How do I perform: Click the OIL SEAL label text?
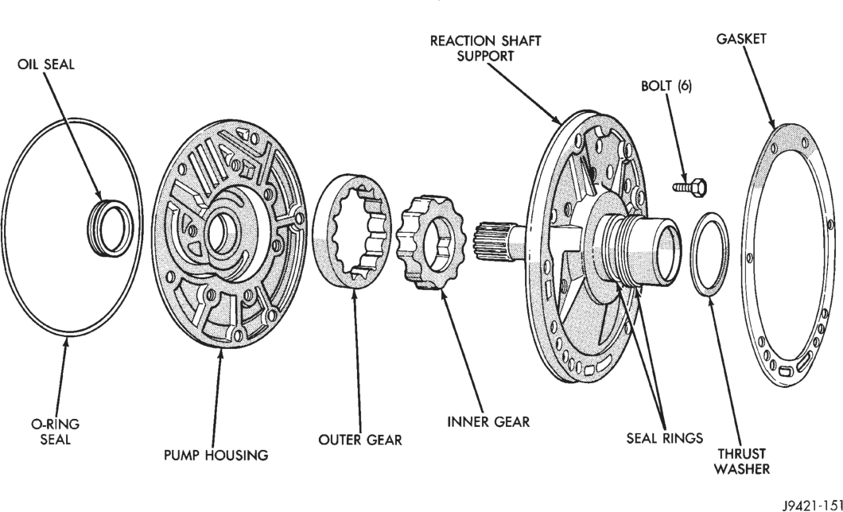[x=45, y=64]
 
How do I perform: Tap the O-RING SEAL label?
[x=56, y=432]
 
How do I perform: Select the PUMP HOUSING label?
[x=216, y=455]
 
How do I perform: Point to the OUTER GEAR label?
[x=360, y=440]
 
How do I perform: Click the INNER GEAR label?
[x=488, y=421]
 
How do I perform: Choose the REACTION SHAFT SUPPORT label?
[x=485, y=48]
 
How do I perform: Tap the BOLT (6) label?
[x=666, y=86]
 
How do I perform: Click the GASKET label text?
[x=741, y=39]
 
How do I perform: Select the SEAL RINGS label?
[x=665, y=438]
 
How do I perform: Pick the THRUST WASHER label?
[x=742, y=461]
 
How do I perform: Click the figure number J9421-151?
[x=812, y=506]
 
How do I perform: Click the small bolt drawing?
[x=690, y=187]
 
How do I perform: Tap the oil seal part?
[x=108, y=228]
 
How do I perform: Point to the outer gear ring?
[x=352, y=232]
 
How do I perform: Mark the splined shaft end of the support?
[x=492, y=242]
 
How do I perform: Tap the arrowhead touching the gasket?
[x=771, y=122]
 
